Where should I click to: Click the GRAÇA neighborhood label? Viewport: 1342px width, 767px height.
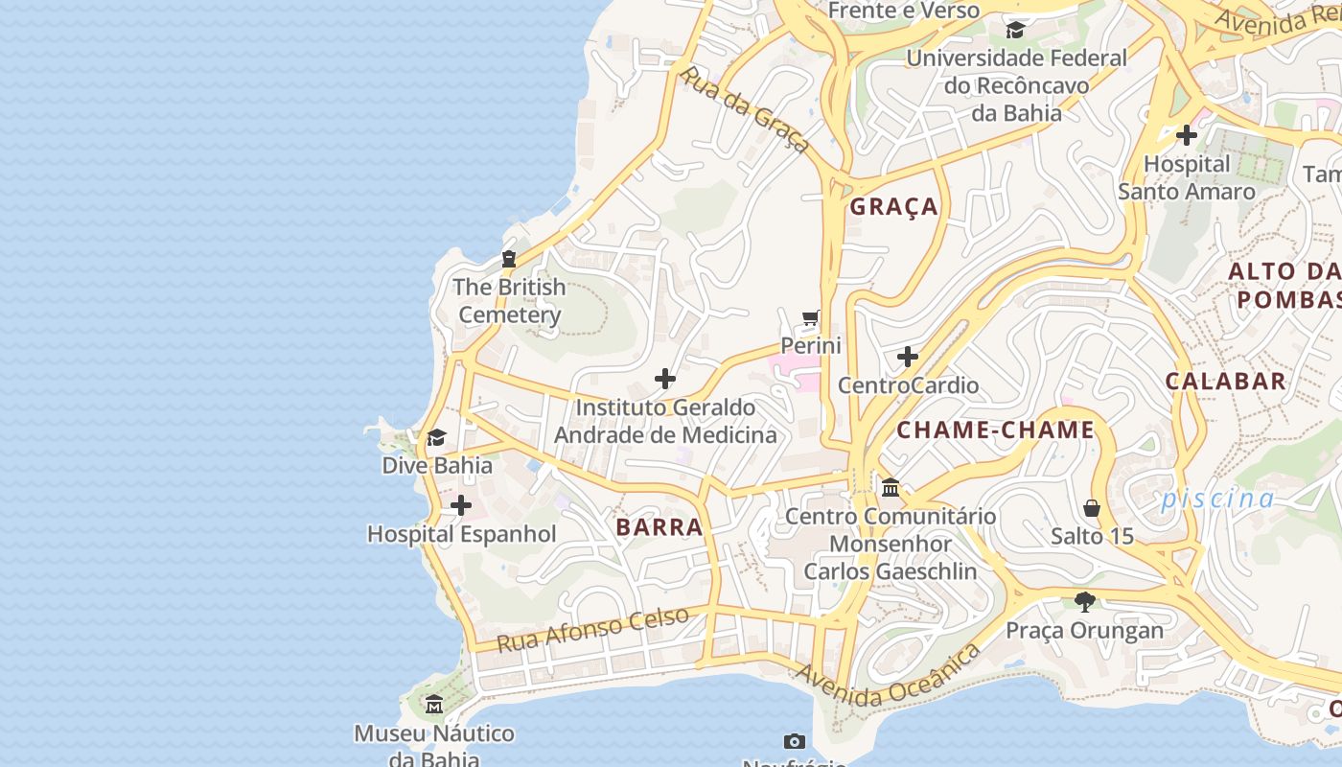[x=893, y=207]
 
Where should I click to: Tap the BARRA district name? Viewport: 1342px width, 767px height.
[x=659, y=527]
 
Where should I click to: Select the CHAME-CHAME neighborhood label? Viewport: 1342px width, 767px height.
[x=995, y=430]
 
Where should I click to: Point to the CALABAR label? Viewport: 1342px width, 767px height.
[x=1225, y=381]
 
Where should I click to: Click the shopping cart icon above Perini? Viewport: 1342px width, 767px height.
[x=811, y=318]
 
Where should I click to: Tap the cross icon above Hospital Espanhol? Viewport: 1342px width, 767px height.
[x=461, y=505]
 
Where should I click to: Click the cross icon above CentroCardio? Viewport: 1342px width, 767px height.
[x=908, y=358]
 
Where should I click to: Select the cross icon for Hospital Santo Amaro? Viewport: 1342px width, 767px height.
[x=1187, y=135]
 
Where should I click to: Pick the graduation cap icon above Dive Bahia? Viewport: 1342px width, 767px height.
[x=437, y=438]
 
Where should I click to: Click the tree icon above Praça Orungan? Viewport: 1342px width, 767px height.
[x=1085, y=602]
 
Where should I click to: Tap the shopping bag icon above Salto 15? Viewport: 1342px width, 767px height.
[x=1092, y=508]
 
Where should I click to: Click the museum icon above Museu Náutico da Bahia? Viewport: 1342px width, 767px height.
[x=434, y=705]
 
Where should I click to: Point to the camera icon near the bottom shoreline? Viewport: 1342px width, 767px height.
[x=794, y=741]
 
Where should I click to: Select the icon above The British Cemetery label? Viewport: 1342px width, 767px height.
[x=509, y=259]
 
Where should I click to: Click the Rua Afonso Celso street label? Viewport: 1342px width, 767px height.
[x=592, y=629]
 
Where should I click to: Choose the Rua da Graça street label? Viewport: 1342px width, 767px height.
[x=745, y=109]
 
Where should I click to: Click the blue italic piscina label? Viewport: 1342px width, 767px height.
[x=1217, y=499]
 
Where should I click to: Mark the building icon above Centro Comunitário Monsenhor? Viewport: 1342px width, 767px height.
[x=891, y=488]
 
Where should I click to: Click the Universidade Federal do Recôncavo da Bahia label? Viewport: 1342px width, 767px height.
[x=1016, y=85]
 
